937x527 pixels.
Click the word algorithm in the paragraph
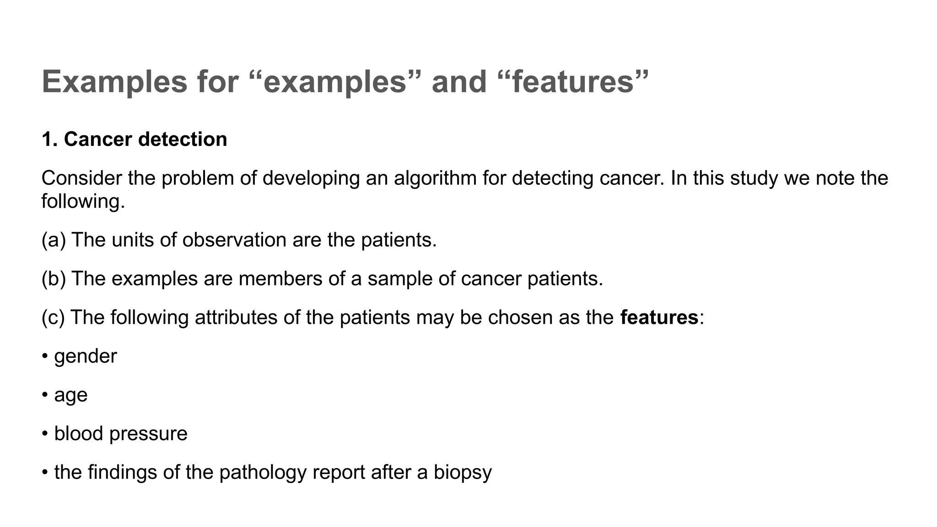(x=435, y=178)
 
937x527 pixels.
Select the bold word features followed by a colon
(x=659, y=317)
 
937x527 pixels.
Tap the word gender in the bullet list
(x=86, y=357)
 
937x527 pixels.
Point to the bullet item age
(x=70, y=396)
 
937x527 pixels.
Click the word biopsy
(x=463, y=473)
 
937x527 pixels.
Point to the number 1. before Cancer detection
(x=49, y=139)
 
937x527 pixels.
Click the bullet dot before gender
(x=45, y=357)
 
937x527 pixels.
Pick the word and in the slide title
(x=459, y=82)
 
